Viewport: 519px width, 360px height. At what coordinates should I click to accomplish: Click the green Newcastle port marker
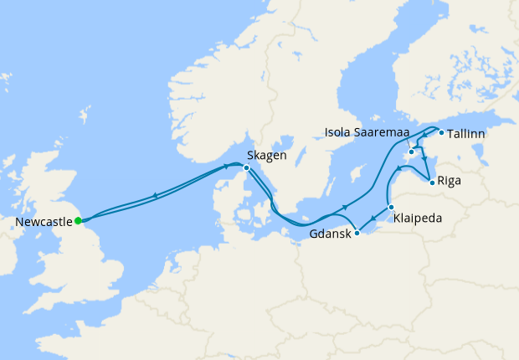[x=78, y=221]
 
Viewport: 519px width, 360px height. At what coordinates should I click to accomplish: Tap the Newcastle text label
[x=44, y=222]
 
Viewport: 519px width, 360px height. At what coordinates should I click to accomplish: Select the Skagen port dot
[x=246, y=168]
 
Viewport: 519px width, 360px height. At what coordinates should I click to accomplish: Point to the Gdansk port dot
[x=357, y=234]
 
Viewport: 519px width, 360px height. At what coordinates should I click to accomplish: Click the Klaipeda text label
[x=418, y=218]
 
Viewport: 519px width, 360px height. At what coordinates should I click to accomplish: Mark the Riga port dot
[x=431, y=182]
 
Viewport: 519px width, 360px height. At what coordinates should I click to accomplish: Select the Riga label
[x=449, y=181]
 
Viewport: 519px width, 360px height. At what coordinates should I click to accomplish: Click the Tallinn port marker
[x=441, y=132]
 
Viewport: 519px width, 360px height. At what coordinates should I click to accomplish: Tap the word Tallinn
[x=466, y=133]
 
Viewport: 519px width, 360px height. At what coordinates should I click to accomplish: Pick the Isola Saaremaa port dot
[x=412, y=152]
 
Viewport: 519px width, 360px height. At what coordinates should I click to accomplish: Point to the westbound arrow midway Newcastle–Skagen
[x=155, y=197]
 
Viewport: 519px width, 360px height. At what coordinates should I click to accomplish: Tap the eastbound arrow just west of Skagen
[x=226, y=166]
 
